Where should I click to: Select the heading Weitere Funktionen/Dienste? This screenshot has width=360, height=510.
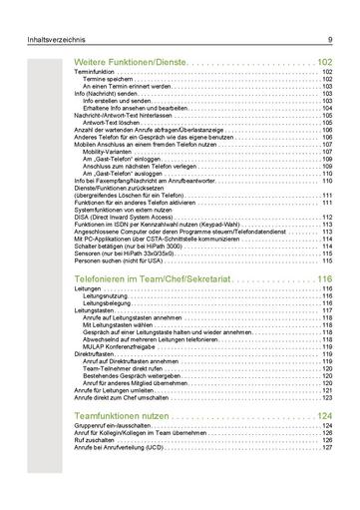pos(130,62)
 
